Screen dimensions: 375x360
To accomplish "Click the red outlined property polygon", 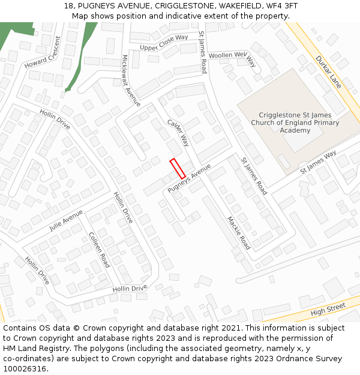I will click(x=177, y=168).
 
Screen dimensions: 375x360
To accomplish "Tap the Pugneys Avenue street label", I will click(x=190, y=178).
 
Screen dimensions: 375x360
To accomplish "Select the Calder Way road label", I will click(x=178, y=132).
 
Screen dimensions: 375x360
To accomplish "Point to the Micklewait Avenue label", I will click(x=131, y=81).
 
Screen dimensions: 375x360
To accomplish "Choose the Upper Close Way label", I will click(x=164, y=42).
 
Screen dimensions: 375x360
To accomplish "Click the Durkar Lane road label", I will click(x=328, y=72).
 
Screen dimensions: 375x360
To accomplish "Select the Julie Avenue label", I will click(x=66, y=220).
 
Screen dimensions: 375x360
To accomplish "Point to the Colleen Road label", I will click(x=99, y=250).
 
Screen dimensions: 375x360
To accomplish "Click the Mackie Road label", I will click(x=238, y=233).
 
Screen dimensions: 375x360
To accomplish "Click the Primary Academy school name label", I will click(x=295, y=122).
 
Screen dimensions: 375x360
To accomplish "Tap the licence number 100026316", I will click(x=25, y=369).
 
